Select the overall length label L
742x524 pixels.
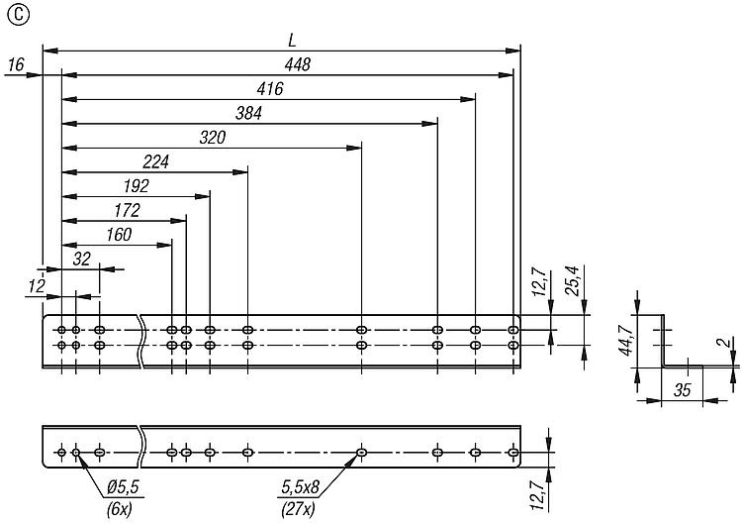(x=292, y=41)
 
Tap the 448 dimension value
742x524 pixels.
(x=298, y=64)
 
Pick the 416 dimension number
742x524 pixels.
(x=270, y=88)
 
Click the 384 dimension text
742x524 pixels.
(x=248, y=113)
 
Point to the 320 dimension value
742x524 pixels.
(x=213, y=138)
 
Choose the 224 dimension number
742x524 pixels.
(x=155, y=162)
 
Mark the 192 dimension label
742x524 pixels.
(x=137, y=186)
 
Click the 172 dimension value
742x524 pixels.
(x=127, y=210)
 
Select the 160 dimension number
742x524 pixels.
(x=119, y=235)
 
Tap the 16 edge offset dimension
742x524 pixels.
(x=16, y=64)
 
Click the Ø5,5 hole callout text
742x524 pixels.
(x=123, y=487)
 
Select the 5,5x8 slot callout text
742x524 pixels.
(x=301, y=487)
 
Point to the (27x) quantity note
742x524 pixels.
(x=298, y=509)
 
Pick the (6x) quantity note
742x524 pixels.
(x=120, y=509)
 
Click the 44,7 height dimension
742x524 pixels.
(x=627, y=340)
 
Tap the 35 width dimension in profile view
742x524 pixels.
(x=682, y=390)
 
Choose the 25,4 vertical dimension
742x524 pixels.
(x=573, y=280)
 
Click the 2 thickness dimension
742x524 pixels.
(x=724, y=343)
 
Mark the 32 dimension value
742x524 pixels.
(x=81, y=259)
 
